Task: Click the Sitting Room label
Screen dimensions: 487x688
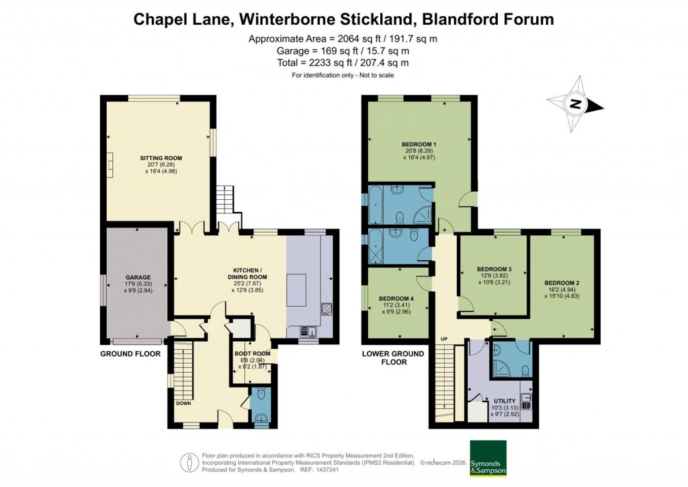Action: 165,158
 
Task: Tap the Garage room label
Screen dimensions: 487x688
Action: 136,277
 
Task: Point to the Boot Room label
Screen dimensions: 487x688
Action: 252,354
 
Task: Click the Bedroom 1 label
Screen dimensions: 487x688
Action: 419,145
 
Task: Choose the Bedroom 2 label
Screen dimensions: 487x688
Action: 562,283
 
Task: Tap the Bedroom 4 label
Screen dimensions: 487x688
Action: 396,299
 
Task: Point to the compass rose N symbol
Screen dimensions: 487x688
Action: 574,104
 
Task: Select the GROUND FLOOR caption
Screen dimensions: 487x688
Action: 130,354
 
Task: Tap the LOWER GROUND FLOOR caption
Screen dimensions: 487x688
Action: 393,357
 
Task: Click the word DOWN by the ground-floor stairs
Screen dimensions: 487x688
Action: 184,404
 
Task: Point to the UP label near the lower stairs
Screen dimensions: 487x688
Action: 443,338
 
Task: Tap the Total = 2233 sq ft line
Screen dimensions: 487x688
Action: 343,63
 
